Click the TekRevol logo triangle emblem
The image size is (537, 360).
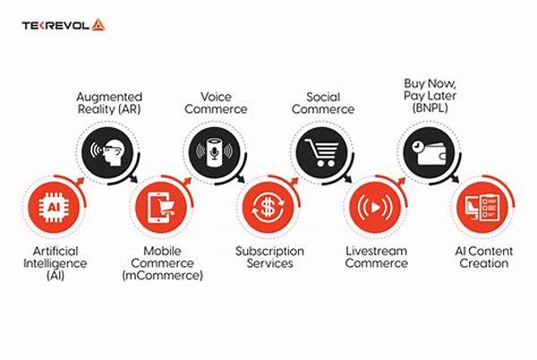(98, 25)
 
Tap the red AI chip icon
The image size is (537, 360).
(54, 207)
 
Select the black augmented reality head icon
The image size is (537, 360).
(107, 152)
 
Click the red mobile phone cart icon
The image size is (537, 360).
(161, 207)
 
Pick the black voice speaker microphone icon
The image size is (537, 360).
(215, 152)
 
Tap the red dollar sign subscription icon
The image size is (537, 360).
(268, 207)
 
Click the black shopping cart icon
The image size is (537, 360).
(321, 152)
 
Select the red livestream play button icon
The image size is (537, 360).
(375, 207)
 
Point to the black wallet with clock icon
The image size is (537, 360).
(429, 152)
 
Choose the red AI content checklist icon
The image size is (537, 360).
(482, 207)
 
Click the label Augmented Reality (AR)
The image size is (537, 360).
(109, 103)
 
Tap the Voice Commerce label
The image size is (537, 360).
(216, 103)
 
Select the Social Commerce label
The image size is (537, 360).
(323, 103)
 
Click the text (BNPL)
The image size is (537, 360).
(430, 108)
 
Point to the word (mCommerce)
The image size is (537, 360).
(162, 275)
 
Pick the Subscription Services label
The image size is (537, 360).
(270, 257)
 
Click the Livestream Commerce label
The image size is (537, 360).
(377, 257)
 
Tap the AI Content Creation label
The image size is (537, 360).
(484, 257)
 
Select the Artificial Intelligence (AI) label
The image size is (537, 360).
(55, 263)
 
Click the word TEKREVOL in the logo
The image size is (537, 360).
(55, 25)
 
